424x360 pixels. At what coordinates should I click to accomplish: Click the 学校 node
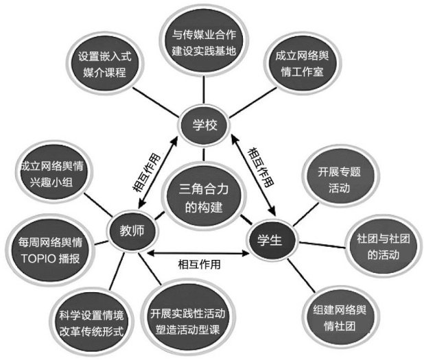[x=204, y=125]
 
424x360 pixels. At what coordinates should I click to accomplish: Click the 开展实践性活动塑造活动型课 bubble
[x=187, y=319]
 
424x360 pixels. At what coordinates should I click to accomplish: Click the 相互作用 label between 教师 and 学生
[x=201, y=263]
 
